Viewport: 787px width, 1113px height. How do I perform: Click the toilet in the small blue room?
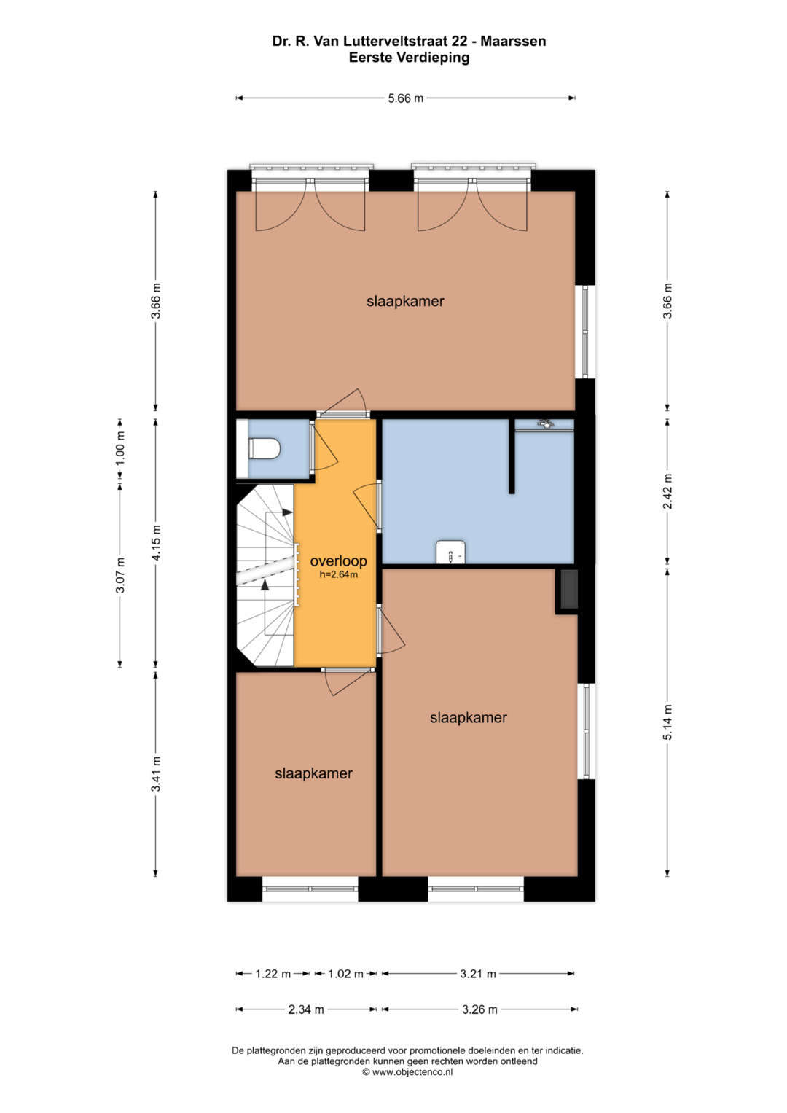(x=264, y=449)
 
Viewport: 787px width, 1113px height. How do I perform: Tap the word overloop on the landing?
(x=338, y=561)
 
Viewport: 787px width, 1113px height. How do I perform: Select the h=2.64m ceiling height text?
(x=338, y=575)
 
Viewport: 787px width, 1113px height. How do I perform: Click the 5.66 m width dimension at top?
(x=405, y=98)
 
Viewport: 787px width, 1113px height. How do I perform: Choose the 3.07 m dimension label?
(x=120, y=575)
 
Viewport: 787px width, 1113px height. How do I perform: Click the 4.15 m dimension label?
(x=156, y=542)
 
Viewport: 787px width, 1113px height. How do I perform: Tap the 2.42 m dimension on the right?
(x=667, y=491)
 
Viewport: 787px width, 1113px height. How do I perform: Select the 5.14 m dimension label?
(x=667, y=722)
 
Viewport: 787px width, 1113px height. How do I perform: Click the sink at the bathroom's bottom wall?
(x=450, y=552)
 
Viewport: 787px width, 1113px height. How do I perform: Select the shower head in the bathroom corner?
(x=545, y=423)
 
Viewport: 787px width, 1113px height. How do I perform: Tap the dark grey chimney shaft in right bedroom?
(x=569, y=589)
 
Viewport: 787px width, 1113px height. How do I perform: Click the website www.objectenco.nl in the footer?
(x=412, y=1086)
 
